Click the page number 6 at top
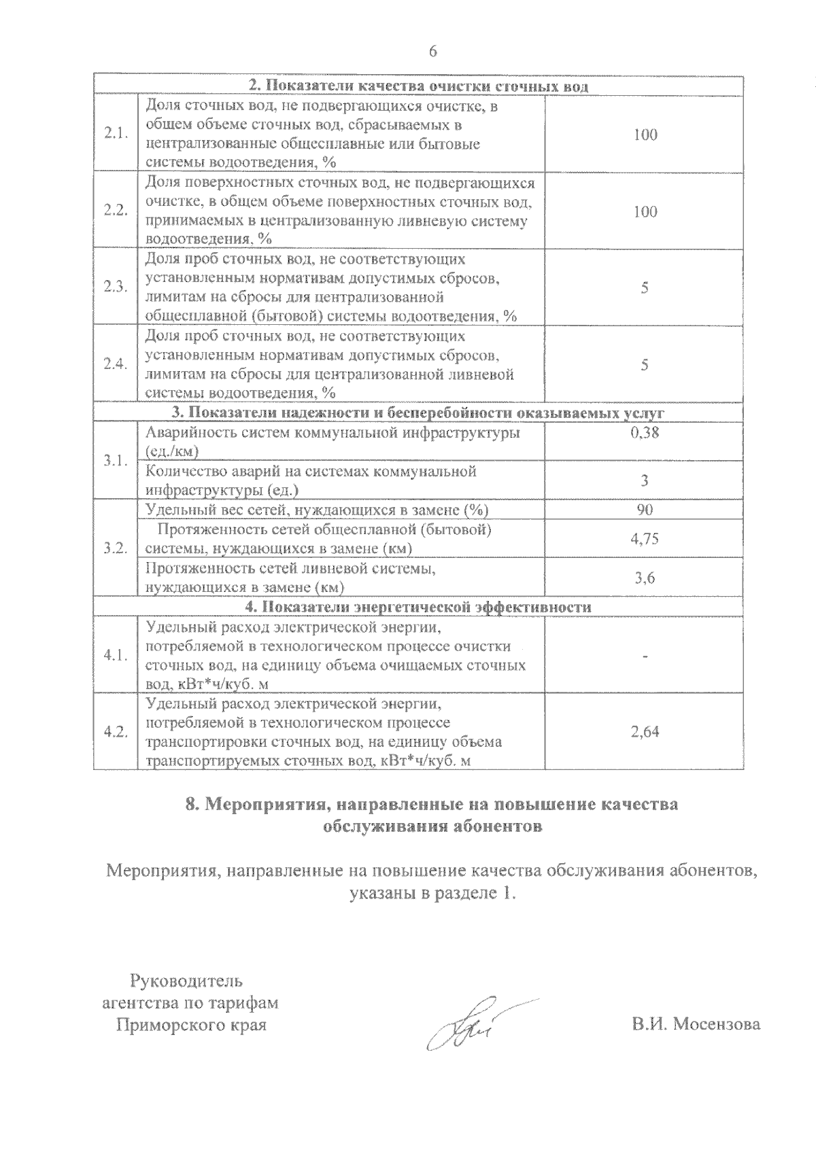coord(432,52)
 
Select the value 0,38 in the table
coord(645,432)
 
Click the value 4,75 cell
coord(645,539)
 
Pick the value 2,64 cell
coord(645,732)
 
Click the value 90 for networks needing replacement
coord(645,510)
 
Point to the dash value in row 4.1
coord(645,656)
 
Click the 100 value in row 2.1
coord(645,135)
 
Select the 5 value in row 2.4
coord(645,365)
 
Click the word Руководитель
coord(186,981)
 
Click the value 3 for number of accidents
coord(645,480)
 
